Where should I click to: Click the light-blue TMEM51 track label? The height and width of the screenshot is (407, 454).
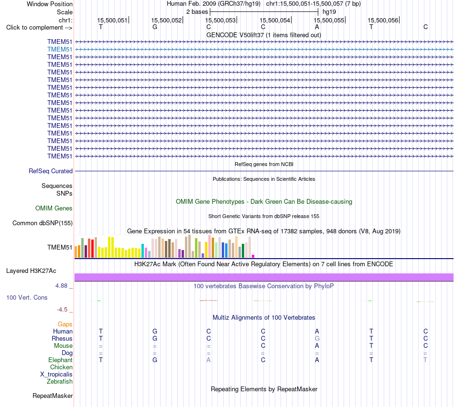click(x=60, y=50)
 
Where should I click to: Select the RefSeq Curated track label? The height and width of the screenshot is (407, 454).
click(x=51, y=171)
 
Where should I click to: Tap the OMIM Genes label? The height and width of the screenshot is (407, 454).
click(x=54, y=209)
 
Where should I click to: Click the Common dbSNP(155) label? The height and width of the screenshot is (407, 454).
click(x=43, y=223)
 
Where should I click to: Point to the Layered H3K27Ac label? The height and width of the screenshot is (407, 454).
click(x=31, y=271)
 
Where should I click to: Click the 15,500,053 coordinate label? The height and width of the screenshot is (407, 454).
click(x=221, y=20)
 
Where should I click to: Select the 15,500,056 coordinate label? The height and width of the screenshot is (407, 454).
click(x=383, y=20)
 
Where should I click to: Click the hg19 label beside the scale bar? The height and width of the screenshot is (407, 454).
click(x=329, y=12)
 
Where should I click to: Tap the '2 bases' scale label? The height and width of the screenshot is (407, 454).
click(x=197, y=12)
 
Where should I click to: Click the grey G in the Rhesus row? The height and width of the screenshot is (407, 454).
click(x=317, y=338)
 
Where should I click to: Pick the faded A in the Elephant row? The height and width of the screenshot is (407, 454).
click(x=208, y=360)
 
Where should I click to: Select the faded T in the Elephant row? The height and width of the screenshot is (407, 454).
click(x=425, y=360)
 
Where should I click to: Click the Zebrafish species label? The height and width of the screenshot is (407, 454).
click(x=60, y=382)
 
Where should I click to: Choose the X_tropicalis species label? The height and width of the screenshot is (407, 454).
click(x=56, y=375)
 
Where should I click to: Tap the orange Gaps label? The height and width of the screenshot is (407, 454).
click(x=65, y=324)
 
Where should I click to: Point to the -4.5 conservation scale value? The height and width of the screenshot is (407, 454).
click(x=62, y=310)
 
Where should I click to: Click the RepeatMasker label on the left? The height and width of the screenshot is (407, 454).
click(x=53, y=396)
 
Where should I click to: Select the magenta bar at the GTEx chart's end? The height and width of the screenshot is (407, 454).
click(x=253, y=256)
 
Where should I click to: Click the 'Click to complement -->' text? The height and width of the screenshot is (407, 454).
click(x=39, y=28)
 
